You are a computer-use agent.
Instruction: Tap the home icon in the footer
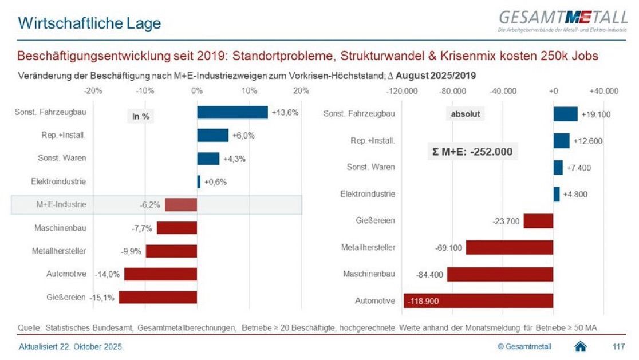(x=580, y=346)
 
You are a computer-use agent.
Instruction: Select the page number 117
(x=618, y=347)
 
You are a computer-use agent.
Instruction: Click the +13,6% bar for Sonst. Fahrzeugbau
(x=232, y=112)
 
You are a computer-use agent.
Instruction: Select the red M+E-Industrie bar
(x=181, y=204)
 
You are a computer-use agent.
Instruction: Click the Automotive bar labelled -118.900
(x=478, y=300)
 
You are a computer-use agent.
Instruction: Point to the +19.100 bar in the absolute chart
(x=565, y=114)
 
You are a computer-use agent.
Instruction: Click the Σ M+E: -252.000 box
(x=472, y=152)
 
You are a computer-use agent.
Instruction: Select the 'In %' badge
(x=141, y=116)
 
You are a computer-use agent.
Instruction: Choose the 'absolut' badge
(x=464, y=114)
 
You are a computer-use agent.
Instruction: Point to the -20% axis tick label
(x=93, y=90)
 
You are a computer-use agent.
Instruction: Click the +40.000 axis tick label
(x=604, y=91)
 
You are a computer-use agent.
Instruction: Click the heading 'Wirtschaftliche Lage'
(x=89, y=23)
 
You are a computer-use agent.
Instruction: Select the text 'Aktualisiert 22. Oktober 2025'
(x=70, y=347)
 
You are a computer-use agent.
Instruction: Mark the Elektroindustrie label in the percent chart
(x=58, y=181)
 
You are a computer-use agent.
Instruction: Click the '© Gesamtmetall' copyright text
(x=524, y=347)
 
